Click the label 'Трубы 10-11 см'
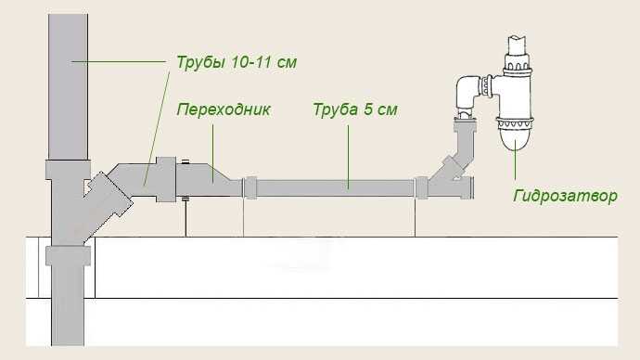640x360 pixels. pyautogui.click(x=237, y=63)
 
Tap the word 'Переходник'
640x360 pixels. pyautogui.click(x=224, y=109)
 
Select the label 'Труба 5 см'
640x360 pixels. pyautogui.click(x=355, y=109)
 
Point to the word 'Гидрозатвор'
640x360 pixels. pyautogui.click(x=564, y=197)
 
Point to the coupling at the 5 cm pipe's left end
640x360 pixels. pyautogui.click(x=250, y=186)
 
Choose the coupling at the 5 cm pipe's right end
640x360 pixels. pyautogui.click(x=421, y=186)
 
